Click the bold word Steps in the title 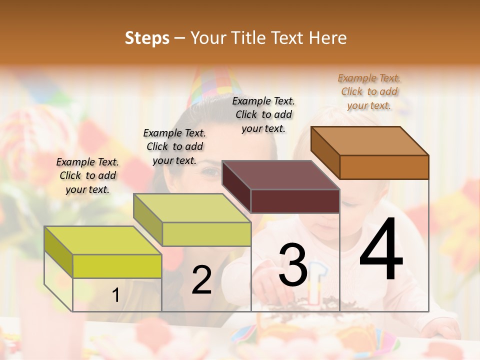click(147, 38)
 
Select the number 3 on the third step click(293, 265)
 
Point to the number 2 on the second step click(201, 280)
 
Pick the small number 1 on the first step click(115, 295)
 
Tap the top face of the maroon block click(281, 174)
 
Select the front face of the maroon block click(295, 201)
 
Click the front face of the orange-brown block click(384, 167)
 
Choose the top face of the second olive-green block click(192, 207)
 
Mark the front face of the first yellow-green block click(117, 266)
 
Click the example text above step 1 click(87, 175)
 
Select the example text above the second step click(174, 146)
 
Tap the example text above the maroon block click(263, 114)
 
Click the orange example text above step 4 click(369, 91)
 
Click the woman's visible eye click(210, 172)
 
